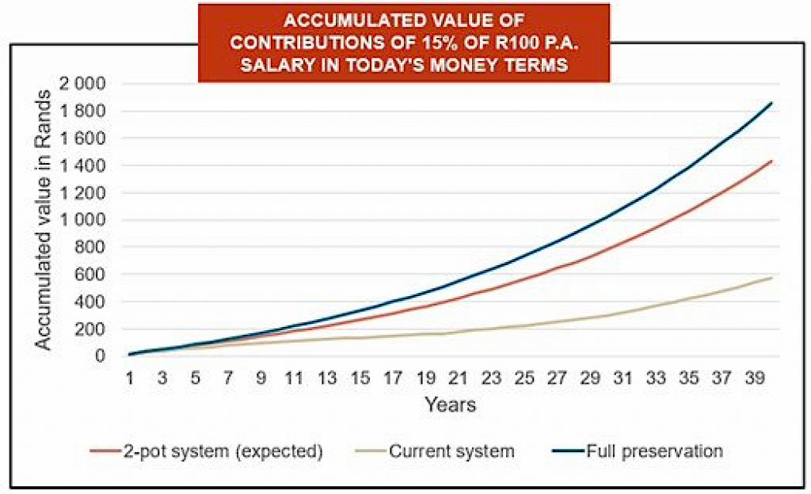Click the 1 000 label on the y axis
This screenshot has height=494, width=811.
point(92,220)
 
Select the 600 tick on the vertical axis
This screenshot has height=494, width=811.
point(100,275)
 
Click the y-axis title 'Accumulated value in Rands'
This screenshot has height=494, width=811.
point(44,219)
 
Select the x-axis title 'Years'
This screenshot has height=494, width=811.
point(450,405)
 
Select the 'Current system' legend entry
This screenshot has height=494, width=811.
point(451,451)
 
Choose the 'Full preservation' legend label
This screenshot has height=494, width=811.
point(654,451)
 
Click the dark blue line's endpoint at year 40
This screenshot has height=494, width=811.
point(771,103)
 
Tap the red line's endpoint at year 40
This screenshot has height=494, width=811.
point(771,161)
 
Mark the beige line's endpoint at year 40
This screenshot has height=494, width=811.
point(771,278)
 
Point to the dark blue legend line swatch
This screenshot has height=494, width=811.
point(567,452)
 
